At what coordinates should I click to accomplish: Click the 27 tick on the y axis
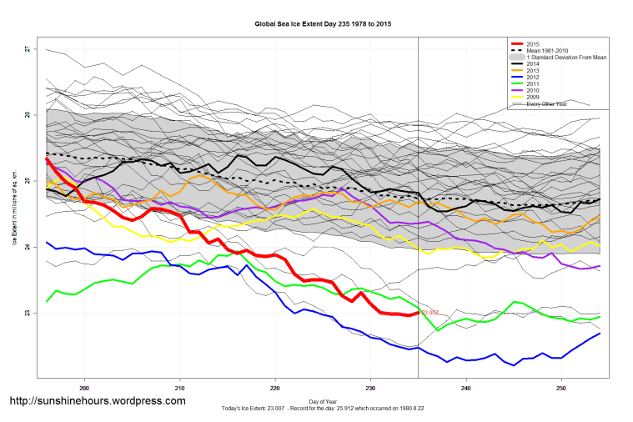click(x=27, y=49)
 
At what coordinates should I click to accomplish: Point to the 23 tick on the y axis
click(x=27, y=313)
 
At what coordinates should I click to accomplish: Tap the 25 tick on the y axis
click(x=27, y=181)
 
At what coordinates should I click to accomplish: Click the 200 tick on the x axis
click(x=84, y=388)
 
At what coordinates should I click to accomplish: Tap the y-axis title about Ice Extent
click(x=14, y=214)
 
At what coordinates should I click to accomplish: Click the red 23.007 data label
click(x=430, y=313)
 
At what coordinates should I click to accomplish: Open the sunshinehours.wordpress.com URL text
click(x=97, y=401)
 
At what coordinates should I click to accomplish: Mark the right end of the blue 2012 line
click(x=600, y=334)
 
